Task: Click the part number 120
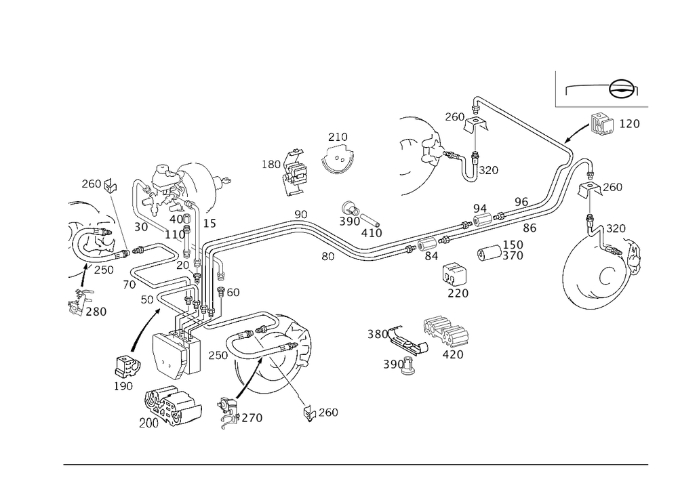pos(629,123)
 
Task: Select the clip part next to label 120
pos(602,125)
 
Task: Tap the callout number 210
pos(338,137)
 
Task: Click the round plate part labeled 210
pos(338,159)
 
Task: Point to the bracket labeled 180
pos(296,172)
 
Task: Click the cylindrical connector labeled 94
pos(481,220)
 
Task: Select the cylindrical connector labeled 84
pos(427,245)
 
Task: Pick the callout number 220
pos(458,293)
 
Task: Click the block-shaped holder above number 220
pos(454,274)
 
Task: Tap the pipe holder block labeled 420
pos(446,331)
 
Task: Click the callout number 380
pos(378,334)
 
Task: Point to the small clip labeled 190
pos(127,367)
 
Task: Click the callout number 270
pos(252,418)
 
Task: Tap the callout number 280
pos(96,312)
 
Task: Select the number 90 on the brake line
pos(301,215)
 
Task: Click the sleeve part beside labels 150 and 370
pos(489,253)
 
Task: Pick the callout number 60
pos(233,293)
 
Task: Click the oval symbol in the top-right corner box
pos(623,89)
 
